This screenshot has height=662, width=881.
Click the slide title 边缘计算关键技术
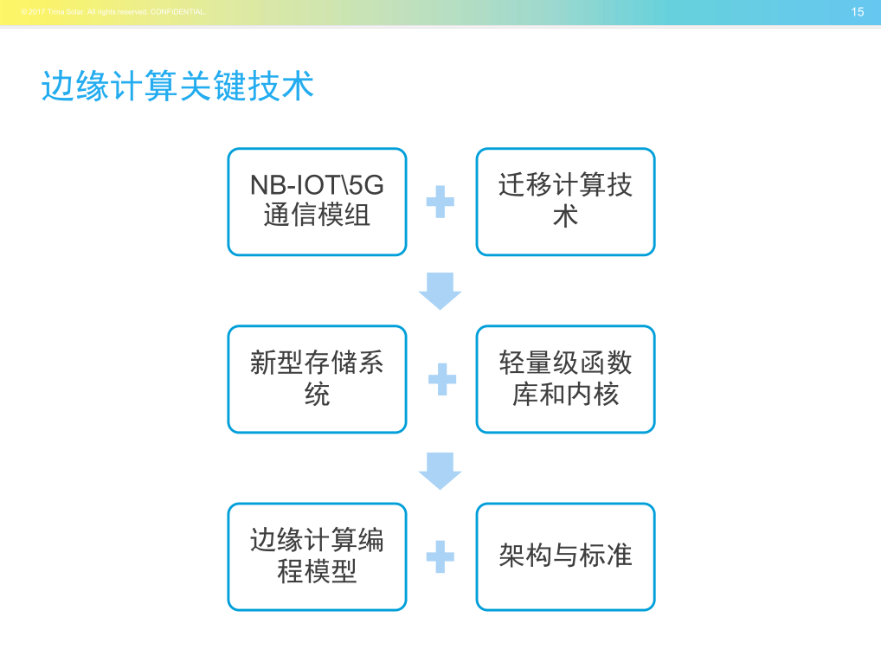click(x=177, y=87)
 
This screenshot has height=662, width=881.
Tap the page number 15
click(x=858, y=12)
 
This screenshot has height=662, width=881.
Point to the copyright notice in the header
click(x=113, y=12)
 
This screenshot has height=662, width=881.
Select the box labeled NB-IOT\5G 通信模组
click(x=317, y=202)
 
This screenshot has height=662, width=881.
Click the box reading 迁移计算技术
click(x=565, y=202)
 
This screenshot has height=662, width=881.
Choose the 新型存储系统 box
click(x=317, y=379)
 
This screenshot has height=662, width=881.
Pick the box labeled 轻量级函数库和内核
click(x=565, y=379)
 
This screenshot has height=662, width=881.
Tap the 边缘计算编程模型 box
click(x=317, y=556)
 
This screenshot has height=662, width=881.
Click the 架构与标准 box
click(x=565, y=556)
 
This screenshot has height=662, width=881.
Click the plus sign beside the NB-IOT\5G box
click(x=440, y=202)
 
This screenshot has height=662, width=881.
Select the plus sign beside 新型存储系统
click(x=441, y=379)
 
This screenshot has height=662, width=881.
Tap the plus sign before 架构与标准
click(x=440, y=556)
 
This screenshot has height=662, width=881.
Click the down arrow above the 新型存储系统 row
click(x=440, y=291)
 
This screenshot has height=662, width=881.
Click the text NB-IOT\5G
click(x=317, y=185)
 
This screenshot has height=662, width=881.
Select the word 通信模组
click(x=317, y=216)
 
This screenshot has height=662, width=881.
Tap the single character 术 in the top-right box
click(x=565, y=216)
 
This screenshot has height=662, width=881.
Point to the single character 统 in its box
click(x=317, y=395)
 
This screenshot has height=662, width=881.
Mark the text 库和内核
click(x=565, y=395)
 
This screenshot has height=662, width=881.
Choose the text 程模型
click(x=317, y=572)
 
